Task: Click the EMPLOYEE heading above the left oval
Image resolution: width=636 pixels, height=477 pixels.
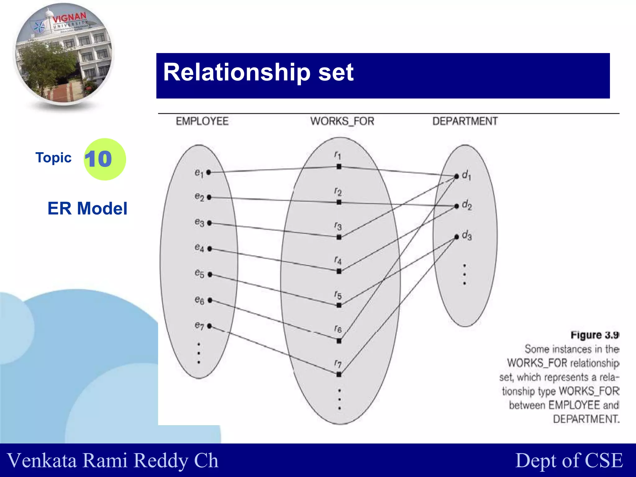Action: point(202,121)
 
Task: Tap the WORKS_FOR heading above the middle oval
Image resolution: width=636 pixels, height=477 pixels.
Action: point(342,121)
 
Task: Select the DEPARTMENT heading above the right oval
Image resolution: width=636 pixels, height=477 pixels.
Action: point(465,121)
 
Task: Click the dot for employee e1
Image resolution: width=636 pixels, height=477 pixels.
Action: point(209,172)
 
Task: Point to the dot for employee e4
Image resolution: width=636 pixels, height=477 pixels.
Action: point(210,249)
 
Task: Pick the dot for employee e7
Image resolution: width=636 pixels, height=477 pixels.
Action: point(210,326)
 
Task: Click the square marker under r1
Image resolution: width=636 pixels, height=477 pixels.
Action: point(339,167)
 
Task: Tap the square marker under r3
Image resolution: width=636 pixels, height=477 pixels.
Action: point(339,237)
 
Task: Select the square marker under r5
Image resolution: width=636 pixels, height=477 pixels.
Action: point(339,305)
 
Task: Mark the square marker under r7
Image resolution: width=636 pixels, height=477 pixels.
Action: point(339,375)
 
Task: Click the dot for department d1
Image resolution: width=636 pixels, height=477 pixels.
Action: point(457,176)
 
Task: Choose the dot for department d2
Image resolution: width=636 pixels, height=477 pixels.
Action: point(457,206)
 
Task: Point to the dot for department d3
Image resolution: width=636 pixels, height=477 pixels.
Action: point(457,237)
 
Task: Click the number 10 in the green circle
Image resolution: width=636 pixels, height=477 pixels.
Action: point(98,159)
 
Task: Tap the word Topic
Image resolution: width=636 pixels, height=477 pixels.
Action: point(53,158)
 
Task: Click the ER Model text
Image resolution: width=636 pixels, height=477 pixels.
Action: point(87,208)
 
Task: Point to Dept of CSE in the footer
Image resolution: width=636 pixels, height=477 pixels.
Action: point(569,460)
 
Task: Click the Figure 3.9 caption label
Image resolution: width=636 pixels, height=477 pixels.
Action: point(594,335)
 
